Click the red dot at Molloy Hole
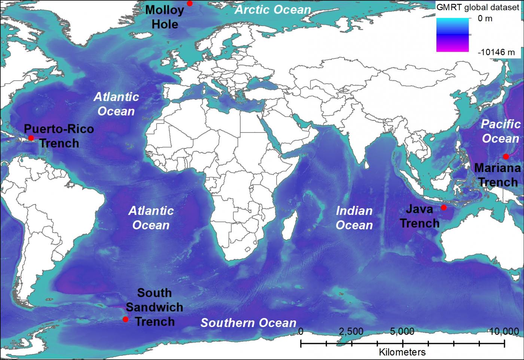point(190,3)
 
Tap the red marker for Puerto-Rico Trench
point(31,138)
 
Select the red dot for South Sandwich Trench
point(125,319)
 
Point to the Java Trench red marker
point(444,207)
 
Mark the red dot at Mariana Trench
point(506,156)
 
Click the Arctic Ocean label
point(273,10)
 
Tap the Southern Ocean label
point(248,323)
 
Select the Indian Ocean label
point(354,218)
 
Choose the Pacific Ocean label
point(500,131)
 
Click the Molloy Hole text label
point(165,17)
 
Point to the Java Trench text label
point(419,216)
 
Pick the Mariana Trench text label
point(497,175)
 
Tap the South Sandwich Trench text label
point(154,307)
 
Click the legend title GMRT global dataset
point(478,7)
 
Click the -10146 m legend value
point(496,52)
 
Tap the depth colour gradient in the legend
point(452,35)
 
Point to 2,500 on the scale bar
point(351,332)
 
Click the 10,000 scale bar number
point(503,332)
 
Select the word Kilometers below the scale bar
point(402,352)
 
